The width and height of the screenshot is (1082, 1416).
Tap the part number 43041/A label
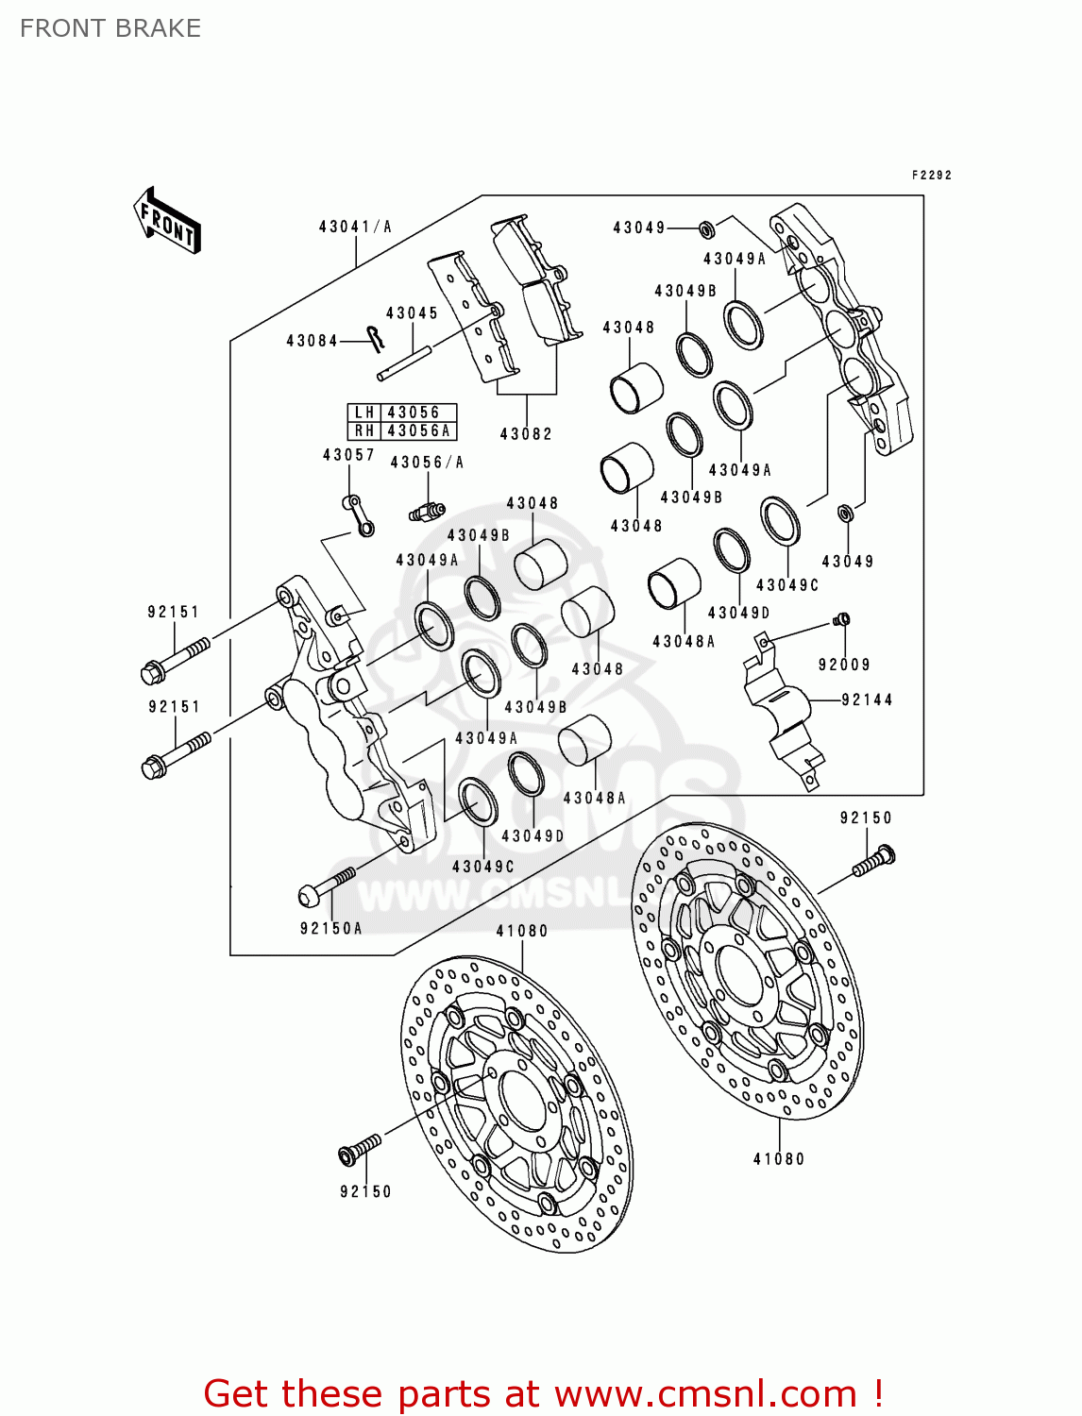pyautogui.click(x=355, y=227)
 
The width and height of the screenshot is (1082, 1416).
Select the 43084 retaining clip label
pyautogui.click(x=312, y=341)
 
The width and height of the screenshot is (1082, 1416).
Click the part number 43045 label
pyautogui.click(x=412, y=313)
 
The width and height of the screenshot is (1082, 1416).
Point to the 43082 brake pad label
pyautogui.click(x=526, y=434)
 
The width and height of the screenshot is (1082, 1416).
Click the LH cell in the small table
pyautogui.click(x=364, y=413)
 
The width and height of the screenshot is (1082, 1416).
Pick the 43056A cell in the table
pyautogui.click(x=419, y=430)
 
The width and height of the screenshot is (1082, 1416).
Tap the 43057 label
pyautogui.click(x=348, y=455)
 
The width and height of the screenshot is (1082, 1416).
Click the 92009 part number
pyautogui.click(x=844, y=665)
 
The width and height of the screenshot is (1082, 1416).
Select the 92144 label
pyautogui.click(x=867, y=700)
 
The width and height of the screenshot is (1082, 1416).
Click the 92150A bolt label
pyautogui.click(x=330, y=928)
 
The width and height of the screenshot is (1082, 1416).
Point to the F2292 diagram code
pyautogui.click(x=931, y=175)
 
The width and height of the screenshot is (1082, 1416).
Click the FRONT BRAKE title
pyautogui.click(x=110, y=28)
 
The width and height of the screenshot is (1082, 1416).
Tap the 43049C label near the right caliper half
pyautogui.click(x=787, y=585)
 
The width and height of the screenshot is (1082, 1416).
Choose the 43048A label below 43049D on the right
pyautogui.click(x=684, y=642)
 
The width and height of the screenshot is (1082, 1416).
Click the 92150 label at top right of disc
pyautogui.click(x=866, y=818)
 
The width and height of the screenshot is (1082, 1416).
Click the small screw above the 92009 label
pyautogui.click(x=843, y=619)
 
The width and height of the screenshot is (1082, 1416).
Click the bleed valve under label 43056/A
pyautogui.click(x=427, y=512)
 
